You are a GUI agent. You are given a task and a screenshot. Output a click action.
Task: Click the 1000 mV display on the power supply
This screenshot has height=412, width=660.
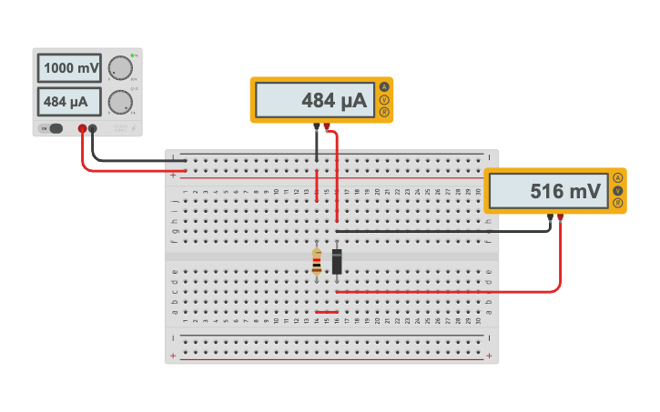coord(70,68)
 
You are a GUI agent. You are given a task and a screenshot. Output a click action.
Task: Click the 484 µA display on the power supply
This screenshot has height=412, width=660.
coord(70,101)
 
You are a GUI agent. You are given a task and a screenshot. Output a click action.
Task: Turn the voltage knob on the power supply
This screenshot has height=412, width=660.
coord(119,68)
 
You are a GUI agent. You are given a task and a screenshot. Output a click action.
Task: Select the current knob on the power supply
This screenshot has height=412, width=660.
coord(119,101)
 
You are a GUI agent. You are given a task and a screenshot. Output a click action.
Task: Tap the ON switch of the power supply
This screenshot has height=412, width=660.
coord(54,128)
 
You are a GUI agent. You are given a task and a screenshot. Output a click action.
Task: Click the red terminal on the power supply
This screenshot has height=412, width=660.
coord(82,128)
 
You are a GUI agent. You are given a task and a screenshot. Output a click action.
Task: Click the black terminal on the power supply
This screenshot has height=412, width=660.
coord(93,128)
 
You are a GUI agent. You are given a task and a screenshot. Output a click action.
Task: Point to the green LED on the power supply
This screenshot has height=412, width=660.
coord(133,55)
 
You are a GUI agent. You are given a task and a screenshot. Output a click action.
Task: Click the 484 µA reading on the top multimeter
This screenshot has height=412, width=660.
coord(314,100)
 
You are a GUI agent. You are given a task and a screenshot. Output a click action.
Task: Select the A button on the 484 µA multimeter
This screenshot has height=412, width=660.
coord(383,87)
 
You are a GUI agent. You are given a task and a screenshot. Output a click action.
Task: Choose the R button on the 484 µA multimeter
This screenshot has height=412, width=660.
coord(383,112)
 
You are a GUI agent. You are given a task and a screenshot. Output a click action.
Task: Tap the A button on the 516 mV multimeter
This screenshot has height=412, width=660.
coord(617,177)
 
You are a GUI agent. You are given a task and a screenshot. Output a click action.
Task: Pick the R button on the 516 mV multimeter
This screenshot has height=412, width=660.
coord(617,203)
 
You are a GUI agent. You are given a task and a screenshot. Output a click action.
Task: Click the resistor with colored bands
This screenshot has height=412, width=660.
coord(316,262)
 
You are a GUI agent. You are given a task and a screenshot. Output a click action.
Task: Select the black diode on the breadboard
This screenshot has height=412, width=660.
coord(337,262)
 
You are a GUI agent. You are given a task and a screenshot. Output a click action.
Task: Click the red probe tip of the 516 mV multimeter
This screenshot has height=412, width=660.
coord(560,216)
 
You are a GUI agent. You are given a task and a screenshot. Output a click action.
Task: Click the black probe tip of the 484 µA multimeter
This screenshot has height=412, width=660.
coord(316,126)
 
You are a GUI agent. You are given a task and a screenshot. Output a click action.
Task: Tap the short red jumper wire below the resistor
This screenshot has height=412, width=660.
coord(326,312)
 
